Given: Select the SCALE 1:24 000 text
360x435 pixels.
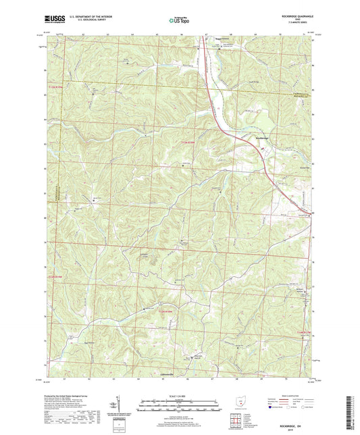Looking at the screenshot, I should [x=180, y=396].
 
